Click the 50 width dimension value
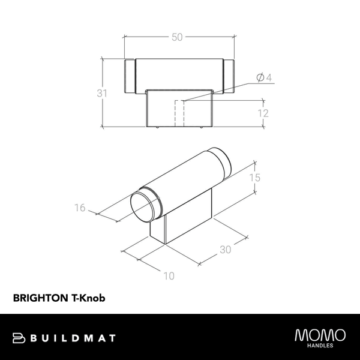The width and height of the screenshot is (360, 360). click(177, 37)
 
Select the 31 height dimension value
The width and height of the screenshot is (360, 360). click(102, 93)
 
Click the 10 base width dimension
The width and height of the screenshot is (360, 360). click(169, 276)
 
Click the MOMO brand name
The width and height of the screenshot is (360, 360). click(320, 335)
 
